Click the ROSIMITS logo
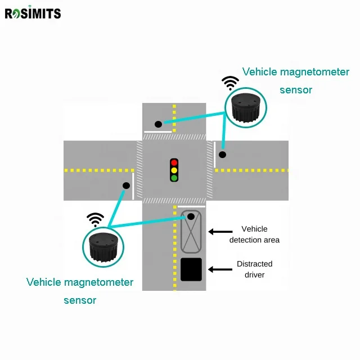point(33,12)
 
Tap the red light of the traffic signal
point(174,163)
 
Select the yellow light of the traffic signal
point(174,170)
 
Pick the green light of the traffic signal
point(174,178)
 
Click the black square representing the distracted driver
point(191,269)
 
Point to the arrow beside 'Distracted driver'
point(220,269)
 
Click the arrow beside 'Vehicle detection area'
point(220,232)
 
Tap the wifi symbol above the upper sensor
point(230,83)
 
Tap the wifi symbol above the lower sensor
point(95,220)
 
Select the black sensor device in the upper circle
point(246,107)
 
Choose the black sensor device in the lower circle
point(103,247)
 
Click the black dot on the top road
point(158,124)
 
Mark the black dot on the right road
point(222,155)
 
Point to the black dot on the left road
point(126,186)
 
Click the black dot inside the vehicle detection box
point(191,216)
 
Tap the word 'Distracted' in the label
point(255,264)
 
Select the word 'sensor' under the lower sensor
point(80,300)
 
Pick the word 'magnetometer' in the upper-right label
point(315,72)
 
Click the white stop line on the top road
point(158,132)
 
